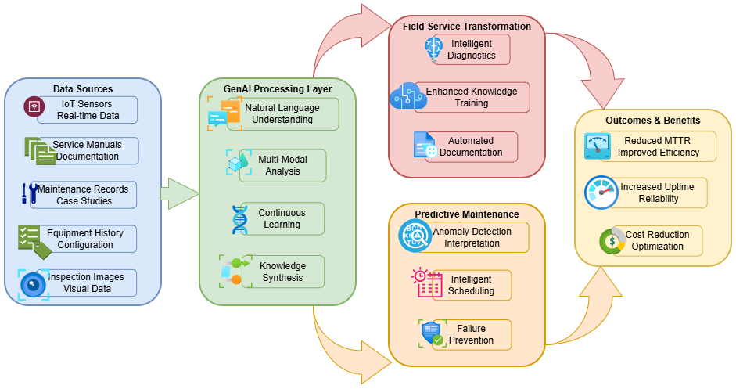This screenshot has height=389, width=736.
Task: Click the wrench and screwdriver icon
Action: point(29,193)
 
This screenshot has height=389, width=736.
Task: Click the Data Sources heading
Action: point(83,89)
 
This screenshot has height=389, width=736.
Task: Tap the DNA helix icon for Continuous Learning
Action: point(239,219)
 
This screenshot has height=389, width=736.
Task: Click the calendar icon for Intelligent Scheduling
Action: point(427,284)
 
